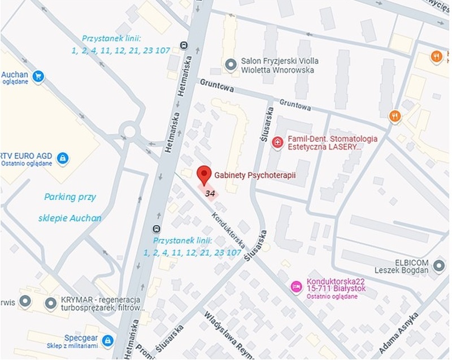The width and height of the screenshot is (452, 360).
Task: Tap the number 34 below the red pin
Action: (x=210, y=194)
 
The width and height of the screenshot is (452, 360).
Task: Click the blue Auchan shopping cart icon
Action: (x=38, y=76)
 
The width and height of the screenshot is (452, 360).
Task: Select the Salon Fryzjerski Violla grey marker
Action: (x=230, y=65)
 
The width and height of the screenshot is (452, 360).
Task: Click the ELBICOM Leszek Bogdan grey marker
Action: (x=440, y=267)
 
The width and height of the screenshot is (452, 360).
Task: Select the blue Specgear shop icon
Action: (x=107, y=340)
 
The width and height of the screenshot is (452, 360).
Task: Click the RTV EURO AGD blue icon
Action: (x=63, y=157)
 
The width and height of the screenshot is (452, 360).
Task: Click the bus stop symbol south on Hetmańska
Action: (x=156, y=229)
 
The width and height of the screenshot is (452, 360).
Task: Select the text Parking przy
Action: (x=70, y=197)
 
